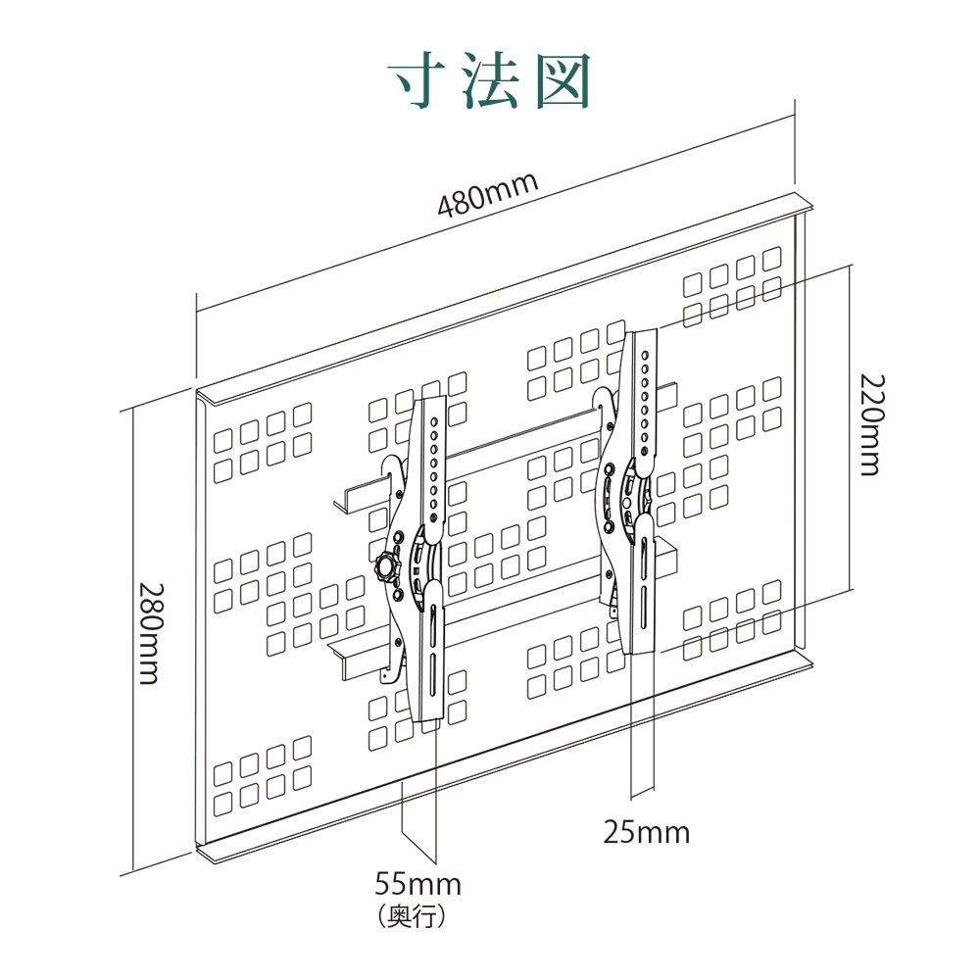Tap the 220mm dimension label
tap(870, 423)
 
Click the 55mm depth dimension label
tap(417, 884)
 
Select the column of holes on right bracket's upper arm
tap(645, 397)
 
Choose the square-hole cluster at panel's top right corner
tap(732, 289)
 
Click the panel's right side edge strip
tap(800, 431)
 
